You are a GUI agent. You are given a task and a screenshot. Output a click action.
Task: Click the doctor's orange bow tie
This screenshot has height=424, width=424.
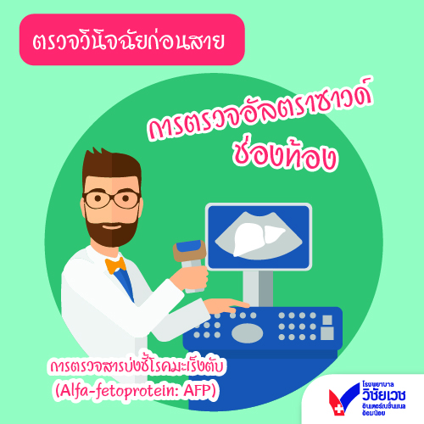pyautogui.click(x=115, y=265)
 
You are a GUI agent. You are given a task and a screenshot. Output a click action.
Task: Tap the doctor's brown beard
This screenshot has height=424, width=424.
pyautogui.click(x=112, y=231)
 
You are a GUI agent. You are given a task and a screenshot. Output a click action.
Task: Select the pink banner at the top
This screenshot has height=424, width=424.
pyautogui.click(x=131, y=40)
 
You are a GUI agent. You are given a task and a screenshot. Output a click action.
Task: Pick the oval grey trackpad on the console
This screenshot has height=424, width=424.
pyautogui.click(x=247, y=332)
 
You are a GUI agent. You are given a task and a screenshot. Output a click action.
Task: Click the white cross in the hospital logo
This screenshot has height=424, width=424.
pyautogui.click(x=338, y=408)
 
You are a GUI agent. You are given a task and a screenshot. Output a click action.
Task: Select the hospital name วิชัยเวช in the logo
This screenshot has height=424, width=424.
pyautogui.click(x=384, y=394)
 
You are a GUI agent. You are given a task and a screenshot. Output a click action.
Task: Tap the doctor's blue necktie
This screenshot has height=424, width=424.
pyautogui.click(x=125, y=284)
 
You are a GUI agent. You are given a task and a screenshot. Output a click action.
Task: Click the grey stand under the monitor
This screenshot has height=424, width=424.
pyautogui.click(x=258, y=288)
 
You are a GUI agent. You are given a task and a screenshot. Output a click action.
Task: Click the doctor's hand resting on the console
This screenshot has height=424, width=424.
pyautogui.click(x=226, y=306)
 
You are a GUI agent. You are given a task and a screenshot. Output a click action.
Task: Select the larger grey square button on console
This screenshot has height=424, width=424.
pyautogui.click(x=327, y=333)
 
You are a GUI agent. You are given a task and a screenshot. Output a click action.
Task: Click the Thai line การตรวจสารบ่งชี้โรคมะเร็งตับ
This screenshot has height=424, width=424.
pyautogui.click(x=137, y=366)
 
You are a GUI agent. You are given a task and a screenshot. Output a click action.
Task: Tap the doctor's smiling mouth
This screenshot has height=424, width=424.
pyautogui.click(x=112, y=226)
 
